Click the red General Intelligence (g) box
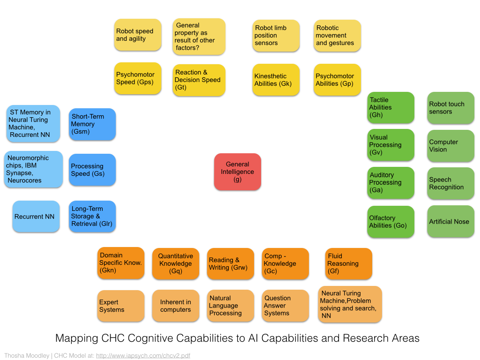click(x=237, y=172)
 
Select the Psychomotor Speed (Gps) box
click(x=138, y=78)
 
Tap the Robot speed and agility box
click(x=138, y=35)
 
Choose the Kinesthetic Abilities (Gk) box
click(x=276, y=80)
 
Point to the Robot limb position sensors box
click(x=276, y=36)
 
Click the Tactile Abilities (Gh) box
click(x=391, y=107)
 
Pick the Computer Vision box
click(x=450, y=146)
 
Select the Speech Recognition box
click(x=450, y=183)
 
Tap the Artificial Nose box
click(x=450, y=222)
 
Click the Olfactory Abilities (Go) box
click(x=391, y=222)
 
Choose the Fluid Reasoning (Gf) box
click(x=348, y=263)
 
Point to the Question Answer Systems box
click(x=285, y=306)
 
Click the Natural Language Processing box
click(x=230, y=306)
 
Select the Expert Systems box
click(x=120, y=306)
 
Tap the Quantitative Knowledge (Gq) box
click(x=175, y=263)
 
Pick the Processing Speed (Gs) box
click(x=92, y=170)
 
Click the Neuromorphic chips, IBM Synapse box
click(x=33, y=169)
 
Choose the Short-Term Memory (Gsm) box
click(x=92, y=124)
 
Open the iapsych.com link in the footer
click(x=143, y=356)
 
